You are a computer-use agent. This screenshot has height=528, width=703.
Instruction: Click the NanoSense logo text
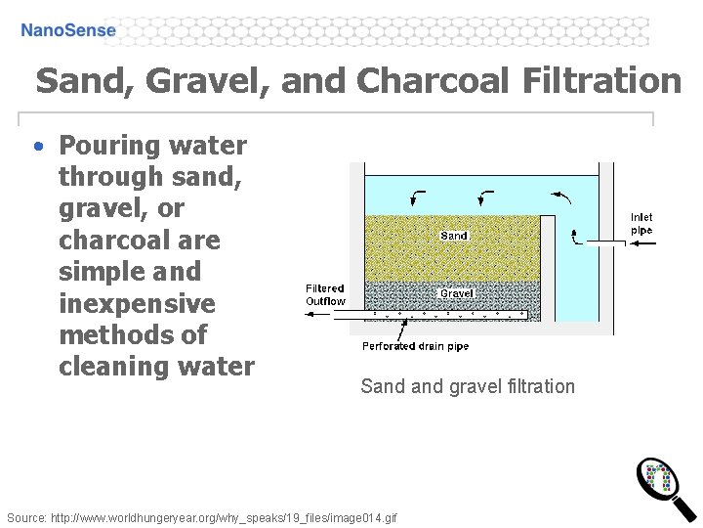coord(68,30)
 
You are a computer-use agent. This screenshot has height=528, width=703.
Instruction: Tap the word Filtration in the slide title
coord(601,80)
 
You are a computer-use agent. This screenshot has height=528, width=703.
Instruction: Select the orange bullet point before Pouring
coord(37,147)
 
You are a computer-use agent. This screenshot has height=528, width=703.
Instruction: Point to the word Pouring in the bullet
coord(105,146)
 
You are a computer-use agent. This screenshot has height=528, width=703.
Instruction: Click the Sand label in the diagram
coord(454,236)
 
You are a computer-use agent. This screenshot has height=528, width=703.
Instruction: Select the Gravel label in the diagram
coord(456,292)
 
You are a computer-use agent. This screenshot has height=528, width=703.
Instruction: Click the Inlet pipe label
coord(641,224)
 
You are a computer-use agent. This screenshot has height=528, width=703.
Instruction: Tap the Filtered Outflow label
coord(325,294)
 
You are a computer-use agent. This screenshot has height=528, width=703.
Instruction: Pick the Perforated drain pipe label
coord(415,346)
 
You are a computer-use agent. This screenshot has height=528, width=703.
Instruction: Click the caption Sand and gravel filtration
coord(468,386)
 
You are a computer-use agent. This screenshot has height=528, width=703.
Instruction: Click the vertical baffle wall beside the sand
coord(547,264)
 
